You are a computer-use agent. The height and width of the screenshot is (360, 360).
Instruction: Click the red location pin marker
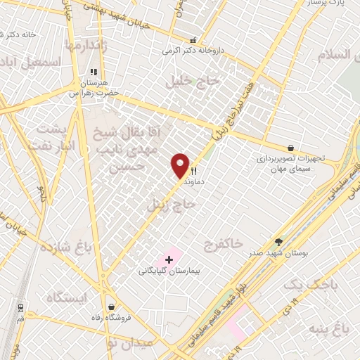coord(181,165)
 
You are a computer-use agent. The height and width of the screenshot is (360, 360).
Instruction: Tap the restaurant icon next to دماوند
coord(193,171)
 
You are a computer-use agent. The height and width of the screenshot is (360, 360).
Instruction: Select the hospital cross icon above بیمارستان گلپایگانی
coord(168,259)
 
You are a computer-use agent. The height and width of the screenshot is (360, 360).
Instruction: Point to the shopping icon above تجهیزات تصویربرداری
coord(290,148)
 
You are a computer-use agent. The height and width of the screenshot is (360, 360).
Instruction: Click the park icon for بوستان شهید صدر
coord(278,241)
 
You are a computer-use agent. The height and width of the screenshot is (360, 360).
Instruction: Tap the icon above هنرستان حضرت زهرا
coord(93,72)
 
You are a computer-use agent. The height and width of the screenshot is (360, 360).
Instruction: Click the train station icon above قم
coord(20,307)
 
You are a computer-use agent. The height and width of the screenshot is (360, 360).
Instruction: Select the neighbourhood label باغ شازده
coord(67,248)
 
